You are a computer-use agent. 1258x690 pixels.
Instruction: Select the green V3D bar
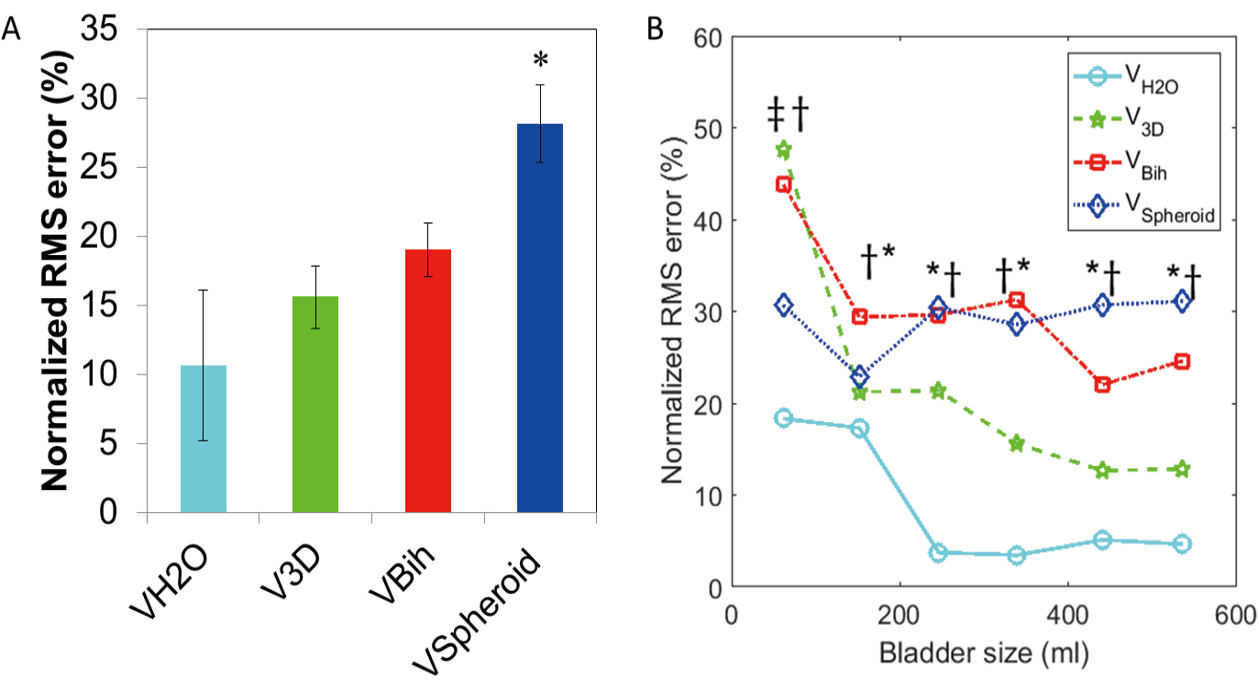(x=315, y=404)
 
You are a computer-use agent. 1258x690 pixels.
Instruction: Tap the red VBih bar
(x=427, y=380)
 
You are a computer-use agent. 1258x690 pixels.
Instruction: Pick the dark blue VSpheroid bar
(x=540, y=317)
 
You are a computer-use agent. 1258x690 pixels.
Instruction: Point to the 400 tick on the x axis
(x=1067, y=613)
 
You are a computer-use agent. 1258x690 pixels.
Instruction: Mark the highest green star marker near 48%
(x=784, y=150)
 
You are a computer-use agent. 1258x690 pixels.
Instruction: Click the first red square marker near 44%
(x=784, y=184)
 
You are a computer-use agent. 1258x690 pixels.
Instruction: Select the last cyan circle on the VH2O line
(x=1182, y=544)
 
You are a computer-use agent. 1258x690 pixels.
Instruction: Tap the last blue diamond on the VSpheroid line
(x=1182, y=301)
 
